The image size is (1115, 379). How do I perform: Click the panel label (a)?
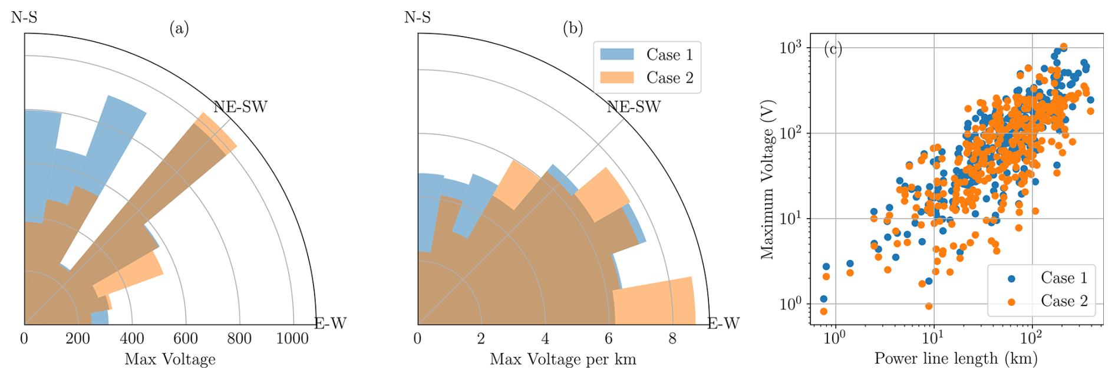[179, 28]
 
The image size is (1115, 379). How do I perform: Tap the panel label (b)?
[572, 28]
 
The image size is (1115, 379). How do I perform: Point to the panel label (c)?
[833, 48]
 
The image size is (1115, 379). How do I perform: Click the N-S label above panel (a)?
[24, 17]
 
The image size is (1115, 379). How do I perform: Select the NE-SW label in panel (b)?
[634, 107]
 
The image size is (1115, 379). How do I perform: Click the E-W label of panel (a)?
[331, 323]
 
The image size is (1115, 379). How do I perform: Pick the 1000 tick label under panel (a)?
[292, 338]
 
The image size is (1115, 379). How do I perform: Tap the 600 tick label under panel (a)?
[186, 338]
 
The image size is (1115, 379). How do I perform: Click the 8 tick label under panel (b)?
[672, 338]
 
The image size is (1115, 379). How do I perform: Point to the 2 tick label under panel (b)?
[481, 338]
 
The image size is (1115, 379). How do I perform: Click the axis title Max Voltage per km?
[563, 359]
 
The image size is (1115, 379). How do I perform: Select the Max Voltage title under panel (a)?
[170, 359]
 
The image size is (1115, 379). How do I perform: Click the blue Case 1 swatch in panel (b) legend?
[616, 54]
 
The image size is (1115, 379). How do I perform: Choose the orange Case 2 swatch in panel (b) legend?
[616, 77]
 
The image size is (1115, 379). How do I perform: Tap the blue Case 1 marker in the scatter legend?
[1011, 278]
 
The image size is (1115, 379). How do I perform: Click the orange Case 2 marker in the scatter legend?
[1011, 302]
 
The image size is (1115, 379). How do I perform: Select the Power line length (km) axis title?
[955, 358]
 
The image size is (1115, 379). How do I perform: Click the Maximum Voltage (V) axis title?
[767, 180]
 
